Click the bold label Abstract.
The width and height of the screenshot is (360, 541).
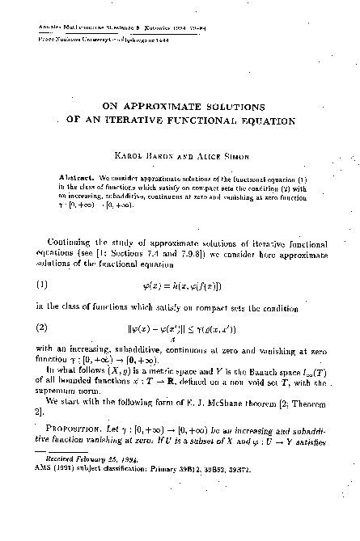click(x=78, y=176)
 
